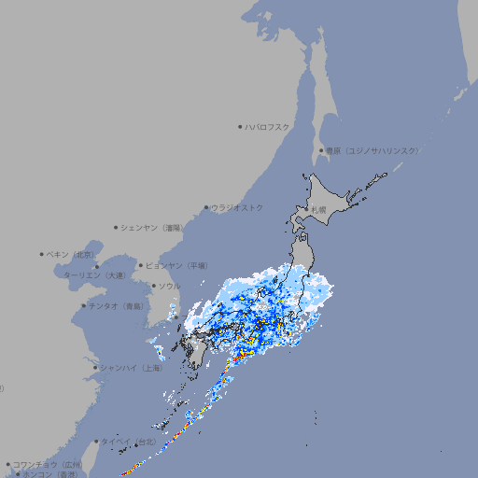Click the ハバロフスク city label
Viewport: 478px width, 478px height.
267,126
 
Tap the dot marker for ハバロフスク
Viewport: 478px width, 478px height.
240,126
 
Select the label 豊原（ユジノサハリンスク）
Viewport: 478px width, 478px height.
372,150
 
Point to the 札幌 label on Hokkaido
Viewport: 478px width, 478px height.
318,209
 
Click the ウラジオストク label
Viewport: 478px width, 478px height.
237,207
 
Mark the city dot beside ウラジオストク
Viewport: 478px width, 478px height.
206,207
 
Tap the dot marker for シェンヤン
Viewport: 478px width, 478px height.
116,227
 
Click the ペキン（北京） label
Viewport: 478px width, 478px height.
71,254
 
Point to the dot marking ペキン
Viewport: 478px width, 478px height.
42,254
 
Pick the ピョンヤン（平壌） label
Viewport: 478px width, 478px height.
177,265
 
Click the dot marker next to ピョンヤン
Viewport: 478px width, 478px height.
141,265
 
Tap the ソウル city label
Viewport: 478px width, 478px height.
169,286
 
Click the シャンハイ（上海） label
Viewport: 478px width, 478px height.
132,368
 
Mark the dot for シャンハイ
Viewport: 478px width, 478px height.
95,368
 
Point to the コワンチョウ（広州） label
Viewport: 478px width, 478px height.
48,464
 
